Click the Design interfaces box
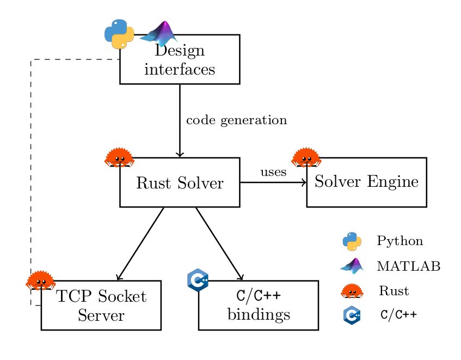180,60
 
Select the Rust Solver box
180,183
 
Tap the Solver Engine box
366,182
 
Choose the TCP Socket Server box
101,306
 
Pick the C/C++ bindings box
258,306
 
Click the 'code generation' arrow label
236,120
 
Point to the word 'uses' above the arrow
273,173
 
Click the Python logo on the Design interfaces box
119,34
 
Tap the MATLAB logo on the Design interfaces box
159,34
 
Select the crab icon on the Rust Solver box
119,157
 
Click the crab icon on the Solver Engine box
306,157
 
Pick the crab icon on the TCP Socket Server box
40,280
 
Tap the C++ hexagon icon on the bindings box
198,280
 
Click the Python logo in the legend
352,241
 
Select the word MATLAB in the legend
408,266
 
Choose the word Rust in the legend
394,291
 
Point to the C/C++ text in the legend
399,315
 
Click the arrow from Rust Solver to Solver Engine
273,182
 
